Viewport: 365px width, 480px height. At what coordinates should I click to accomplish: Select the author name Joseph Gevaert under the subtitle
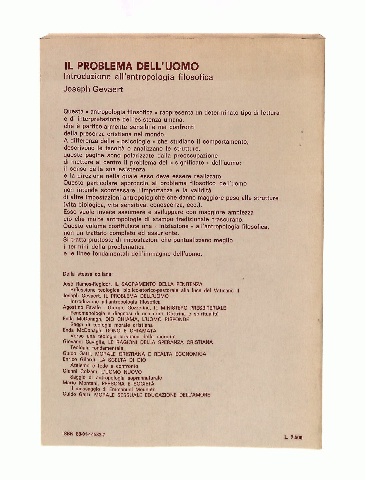click(x=93, y=89)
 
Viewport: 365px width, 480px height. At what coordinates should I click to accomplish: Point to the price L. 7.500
click(x=293, y=437)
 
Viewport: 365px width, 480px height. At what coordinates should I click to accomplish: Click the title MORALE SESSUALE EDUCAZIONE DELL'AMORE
click(x=152, y=395)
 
